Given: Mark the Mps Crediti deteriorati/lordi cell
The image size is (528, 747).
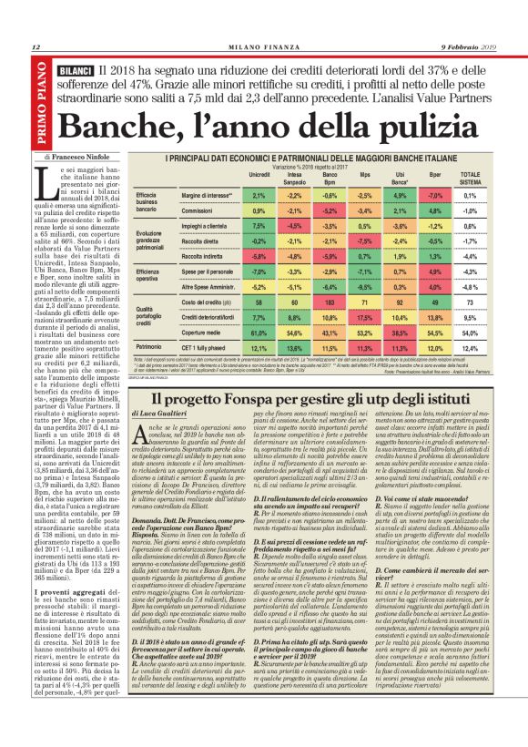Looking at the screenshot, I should tap(365, 318).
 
